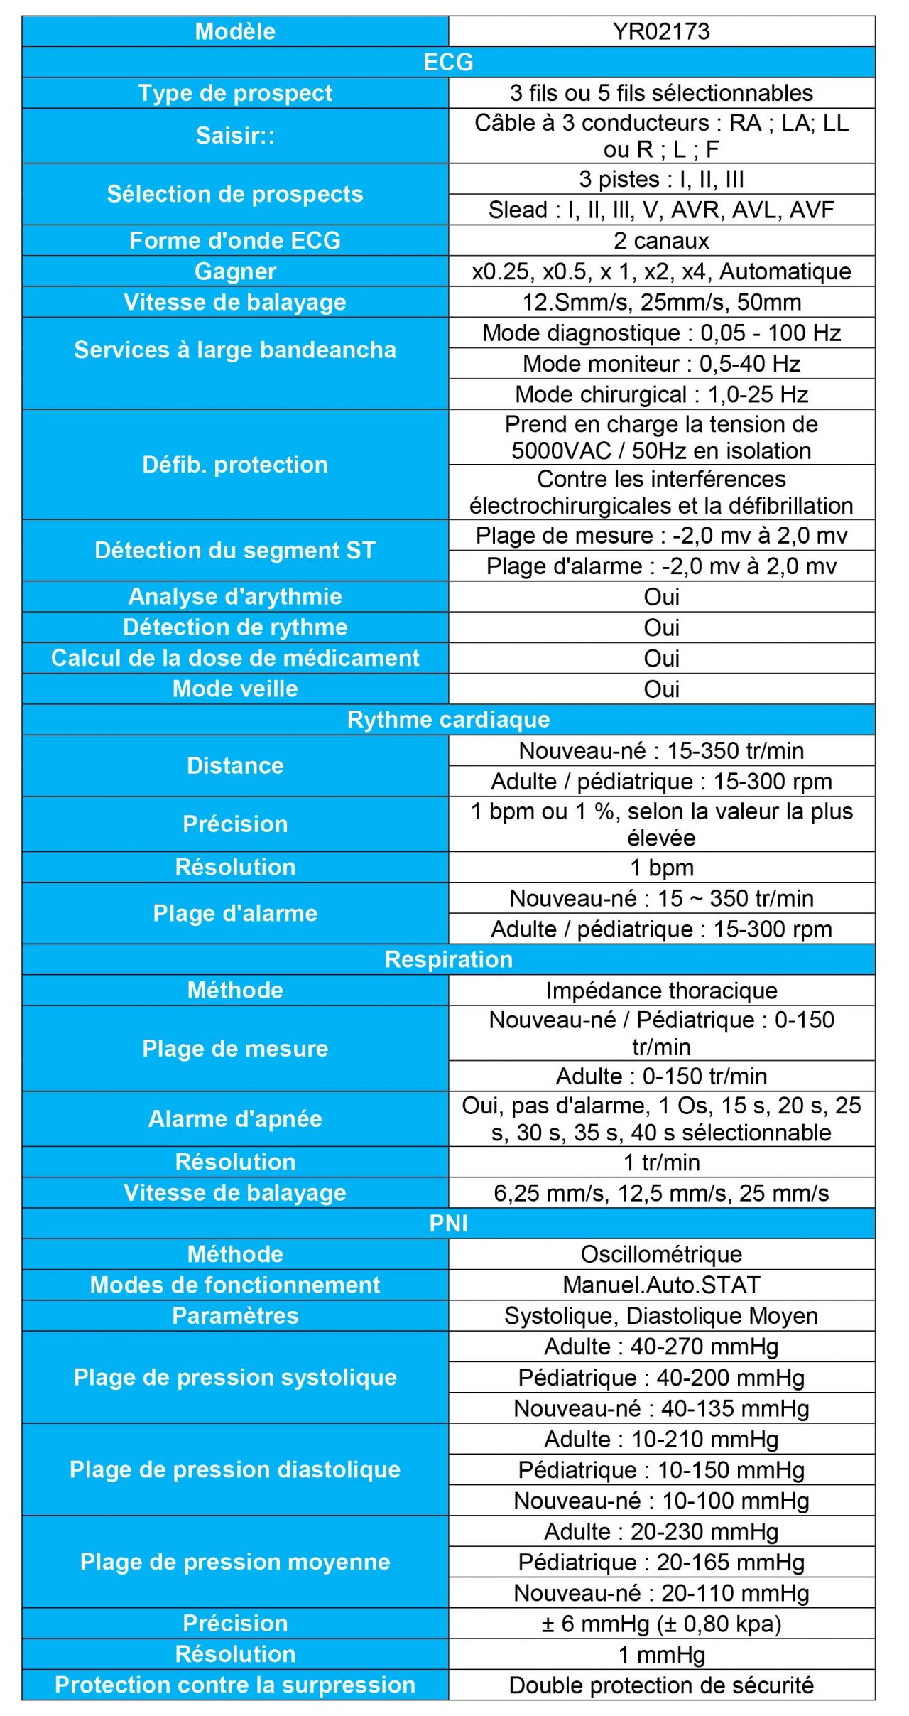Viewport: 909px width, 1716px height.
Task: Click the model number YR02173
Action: [661, 31]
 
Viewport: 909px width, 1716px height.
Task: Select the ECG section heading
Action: [448, 62]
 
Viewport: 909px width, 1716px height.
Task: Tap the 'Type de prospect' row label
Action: [235, 93]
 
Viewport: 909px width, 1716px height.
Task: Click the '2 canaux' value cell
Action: [661, 241]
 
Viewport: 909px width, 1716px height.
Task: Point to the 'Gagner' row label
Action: [235, 271]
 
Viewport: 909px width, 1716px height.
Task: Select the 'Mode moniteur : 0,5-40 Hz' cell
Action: [661, 364]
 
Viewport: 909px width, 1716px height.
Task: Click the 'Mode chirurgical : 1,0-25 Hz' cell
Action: [661, 394]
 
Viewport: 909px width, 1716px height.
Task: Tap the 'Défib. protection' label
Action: [235, 465]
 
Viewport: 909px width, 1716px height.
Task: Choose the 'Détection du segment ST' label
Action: [235, 550]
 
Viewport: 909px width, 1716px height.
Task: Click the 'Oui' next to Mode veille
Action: [661, 689]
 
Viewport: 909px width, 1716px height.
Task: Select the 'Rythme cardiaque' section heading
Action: [448, 719]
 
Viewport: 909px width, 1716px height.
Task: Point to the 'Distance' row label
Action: [235, 765]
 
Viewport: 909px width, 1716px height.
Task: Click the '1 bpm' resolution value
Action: [661, 868]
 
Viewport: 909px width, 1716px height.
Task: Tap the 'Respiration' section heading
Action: [448, 959]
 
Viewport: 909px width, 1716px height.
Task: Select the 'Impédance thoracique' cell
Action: [661, 991]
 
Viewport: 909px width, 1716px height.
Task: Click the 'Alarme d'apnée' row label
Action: [235, 1119]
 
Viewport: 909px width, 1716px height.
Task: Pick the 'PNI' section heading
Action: [448, 1223]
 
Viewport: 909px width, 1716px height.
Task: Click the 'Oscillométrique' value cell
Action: [661, 1254]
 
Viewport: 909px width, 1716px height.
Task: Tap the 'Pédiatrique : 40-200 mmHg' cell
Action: [661, 1378]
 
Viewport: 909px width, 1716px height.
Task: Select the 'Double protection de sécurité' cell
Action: [661, 1685]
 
